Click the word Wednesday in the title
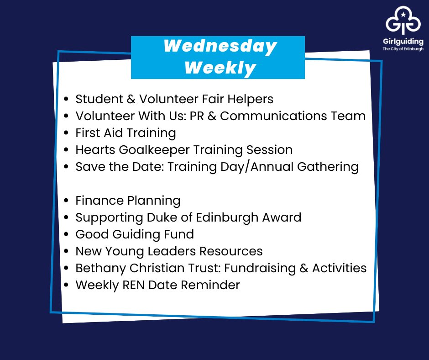pos(220,46)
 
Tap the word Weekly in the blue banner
pos(220,68)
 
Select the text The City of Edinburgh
pos(403,49)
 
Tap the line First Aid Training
pos(126,133)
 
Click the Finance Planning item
pos(128,201)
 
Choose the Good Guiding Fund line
pos(135,234)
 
